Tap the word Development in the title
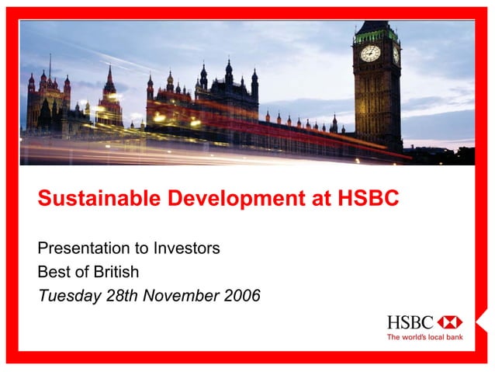pyautogui.click(x=221, y=199)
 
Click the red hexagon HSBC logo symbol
pyautogui.click(x=449, y=322)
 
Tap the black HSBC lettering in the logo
pyautogui.click(x=411, y=322)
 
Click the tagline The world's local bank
pyautogui.click(x=424, y=337)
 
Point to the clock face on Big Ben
pyautogui.click(x=371, y=53)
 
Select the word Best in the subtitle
pyautogui.click(x=53, y=272)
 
